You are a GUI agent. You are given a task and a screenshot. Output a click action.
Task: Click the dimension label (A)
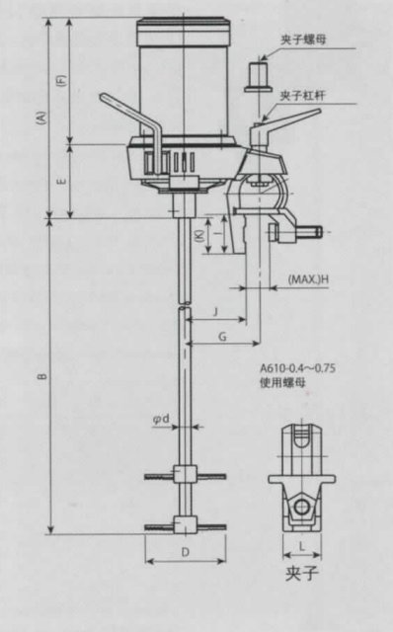click(x=39, y=117)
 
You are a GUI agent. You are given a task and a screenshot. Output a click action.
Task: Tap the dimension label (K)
click(x=199, y=236)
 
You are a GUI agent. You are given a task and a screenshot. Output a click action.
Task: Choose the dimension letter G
click(x=223, y=337)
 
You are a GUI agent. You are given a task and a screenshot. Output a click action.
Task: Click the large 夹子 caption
click(x=300, y=573)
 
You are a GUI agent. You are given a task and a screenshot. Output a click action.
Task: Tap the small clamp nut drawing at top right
click(x=258, y=74)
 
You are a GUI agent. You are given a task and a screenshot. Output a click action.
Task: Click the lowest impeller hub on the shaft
click(x=184, y=524)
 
